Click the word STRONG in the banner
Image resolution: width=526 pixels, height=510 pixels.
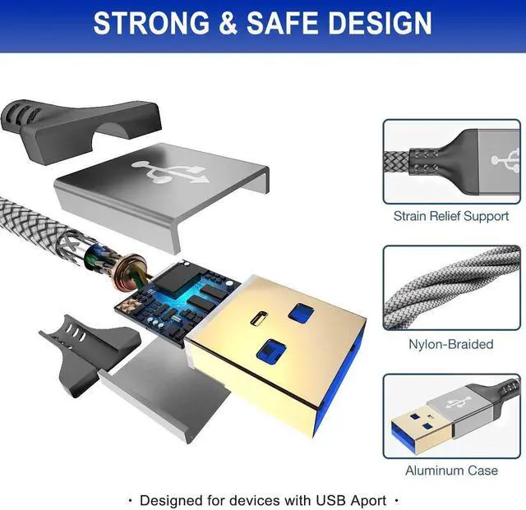[151, 23]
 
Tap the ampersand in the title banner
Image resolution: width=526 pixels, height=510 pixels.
[228, 23]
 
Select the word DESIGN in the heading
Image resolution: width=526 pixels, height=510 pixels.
[380, 23]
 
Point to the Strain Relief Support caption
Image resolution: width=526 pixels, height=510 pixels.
[451, 216]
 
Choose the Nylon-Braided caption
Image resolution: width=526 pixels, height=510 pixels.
[451, 344]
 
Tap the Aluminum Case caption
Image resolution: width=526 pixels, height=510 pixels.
[451, 471]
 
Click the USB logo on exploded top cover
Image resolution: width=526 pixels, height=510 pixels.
[170, 172]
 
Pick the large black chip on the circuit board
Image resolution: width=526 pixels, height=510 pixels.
[177, 280]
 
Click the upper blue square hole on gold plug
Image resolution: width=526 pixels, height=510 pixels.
[302, 313]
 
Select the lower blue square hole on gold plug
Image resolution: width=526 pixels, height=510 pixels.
[271, 351]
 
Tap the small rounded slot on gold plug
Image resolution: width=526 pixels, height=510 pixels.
[259, 318]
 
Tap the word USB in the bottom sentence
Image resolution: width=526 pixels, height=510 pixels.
[330, 501]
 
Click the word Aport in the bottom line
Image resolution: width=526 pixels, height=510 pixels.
[369, 501]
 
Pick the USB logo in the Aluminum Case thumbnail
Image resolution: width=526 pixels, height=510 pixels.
[455, 402]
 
